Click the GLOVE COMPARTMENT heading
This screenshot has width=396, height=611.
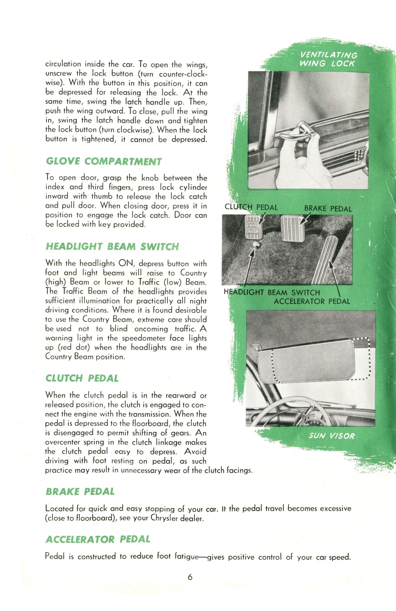104,162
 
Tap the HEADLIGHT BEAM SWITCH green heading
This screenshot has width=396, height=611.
112,247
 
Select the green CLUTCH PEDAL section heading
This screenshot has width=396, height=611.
82,378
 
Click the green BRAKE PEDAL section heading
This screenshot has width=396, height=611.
80,492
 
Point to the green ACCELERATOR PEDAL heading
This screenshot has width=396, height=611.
98,539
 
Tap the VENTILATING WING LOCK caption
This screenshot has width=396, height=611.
328,60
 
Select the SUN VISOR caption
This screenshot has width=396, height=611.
331,436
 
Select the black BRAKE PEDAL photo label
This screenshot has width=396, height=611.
328,208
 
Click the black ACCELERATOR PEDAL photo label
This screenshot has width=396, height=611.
312,301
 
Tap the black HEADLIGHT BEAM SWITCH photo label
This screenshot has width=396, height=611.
271,292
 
